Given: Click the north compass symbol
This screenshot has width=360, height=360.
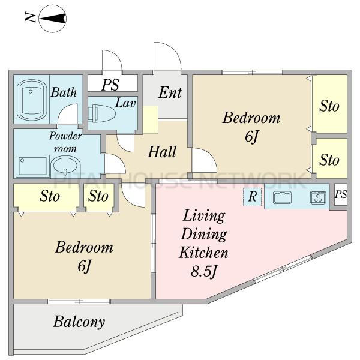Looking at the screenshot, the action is tap(53, 19).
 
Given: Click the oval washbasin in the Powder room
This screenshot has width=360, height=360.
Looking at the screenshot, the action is tap(65, 166).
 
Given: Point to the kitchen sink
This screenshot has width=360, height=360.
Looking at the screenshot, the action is tap(282, 197).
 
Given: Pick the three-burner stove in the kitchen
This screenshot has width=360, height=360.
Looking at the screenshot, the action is tap(318, 197).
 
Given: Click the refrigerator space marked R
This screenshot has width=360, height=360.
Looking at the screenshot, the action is tap(253, 197).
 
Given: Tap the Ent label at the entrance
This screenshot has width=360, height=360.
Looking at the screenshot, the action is tap(170, 92).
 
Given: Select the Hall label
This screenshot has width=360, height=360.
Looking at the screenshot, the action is tap(162, 152).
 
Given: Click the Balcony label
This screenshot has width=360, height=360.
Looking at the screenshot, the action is tap(79, 322).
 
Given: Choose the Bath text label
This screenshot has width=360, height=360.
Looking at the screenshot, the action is tap(64, 92).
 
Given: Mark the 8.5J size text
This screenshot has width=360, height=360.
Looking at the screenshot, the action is tap(203, 271).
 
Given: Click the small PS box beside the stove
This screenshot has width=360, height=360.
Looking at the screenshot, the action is tap(340, 194).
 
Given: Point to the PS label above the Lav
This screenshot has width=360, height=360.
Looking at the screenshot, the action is tap(110, 85).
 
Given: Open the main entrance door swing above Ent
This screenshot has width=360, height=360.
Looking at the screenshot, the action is tap(167, 56).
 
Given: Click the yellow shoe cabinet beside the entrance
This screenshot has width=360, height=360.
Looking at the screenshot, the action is tap(151, 120).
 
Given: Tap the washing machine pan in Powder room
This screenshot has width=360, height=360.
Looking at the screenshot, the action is tap(32, 166).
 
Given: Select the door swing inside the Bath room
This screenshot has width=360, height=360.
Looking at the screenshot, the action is tap(68, 114).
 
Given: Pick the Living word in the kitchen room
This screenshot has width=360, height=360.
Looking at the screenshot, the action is tap(204, 216).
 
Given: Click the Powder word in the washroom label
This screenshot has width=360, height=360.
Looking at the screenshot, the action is tap(65, 136).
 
